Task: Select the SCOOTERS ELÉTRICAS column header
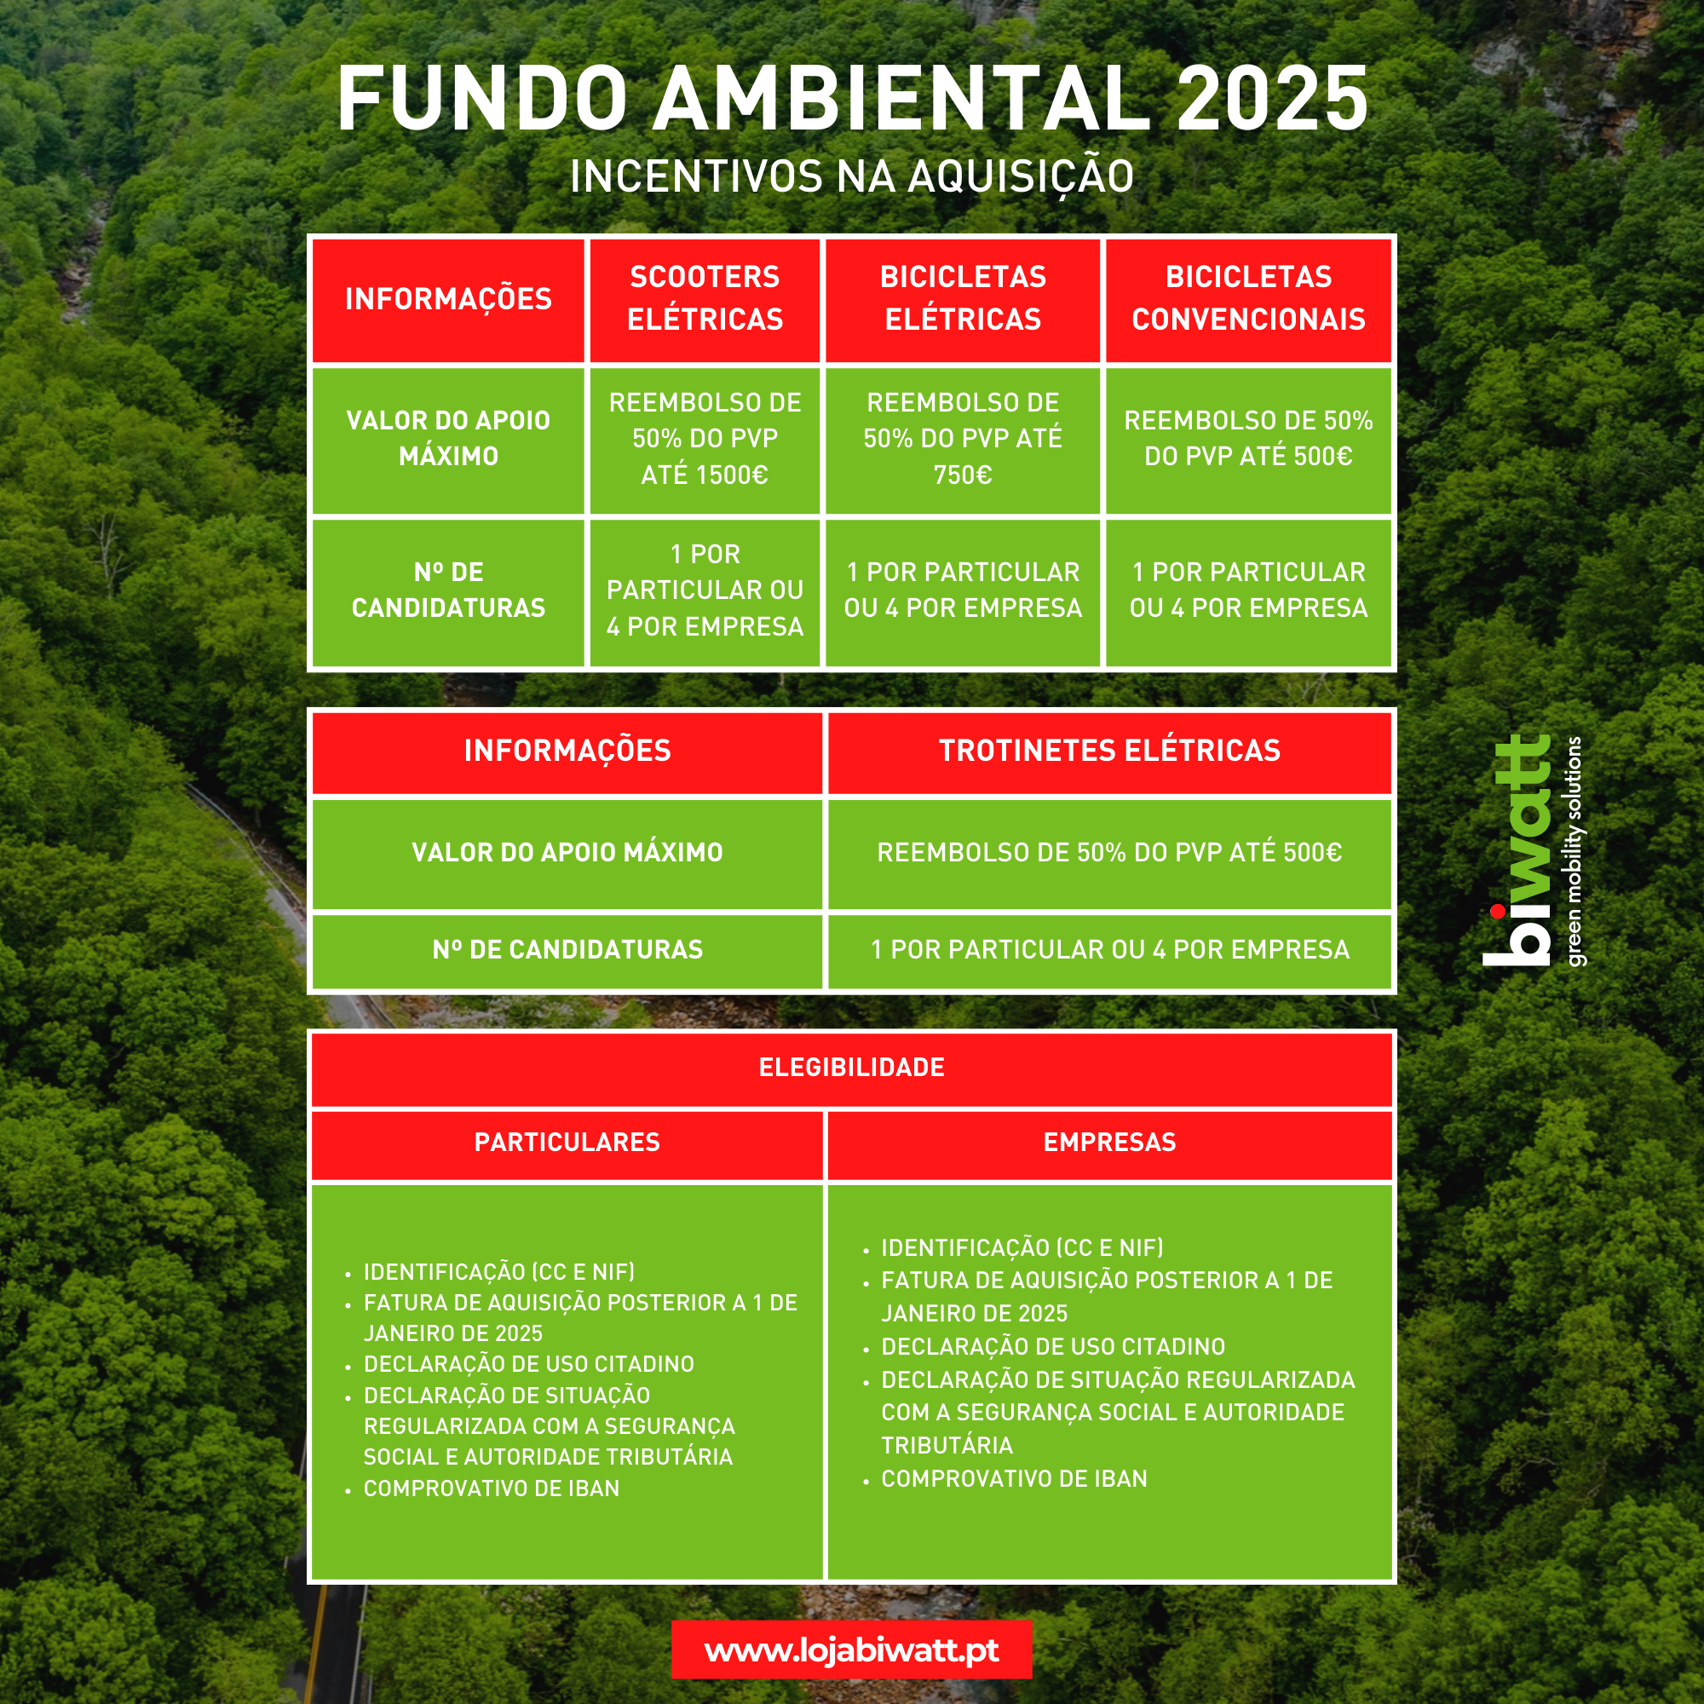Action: (x=705, y=298)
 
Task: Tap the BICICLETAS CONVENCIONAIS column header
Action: (x=1248, y=298)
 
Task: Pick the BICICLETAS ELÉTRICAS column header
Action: (x=963, y=298)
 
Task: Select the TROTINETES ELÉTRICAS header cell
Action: (x=1109, y=751)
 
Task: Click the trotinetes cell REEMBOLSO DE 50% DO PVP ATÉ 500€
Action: (x=1109, y=853)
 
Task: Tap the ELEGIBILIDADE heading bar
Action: (x=852, y=1068)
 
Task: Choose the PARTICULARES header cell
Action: (x=567, y=1143)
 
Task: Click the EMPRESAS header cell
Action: (x=1109, y=1143)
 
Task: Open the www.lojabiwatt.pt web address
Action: (x=852, y=1650)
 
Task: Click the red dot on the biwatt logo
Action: (x=1498, y=911)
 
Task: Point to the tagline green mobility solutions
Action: (x=1575, y=851)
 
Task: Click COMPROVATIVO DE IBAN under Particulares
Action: (x=492, y=1488)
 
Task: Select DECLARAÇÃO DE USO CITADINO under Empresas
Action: (x=1053, y=1347)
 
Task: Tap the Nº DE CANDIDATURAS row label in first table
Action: (x=448, y=590)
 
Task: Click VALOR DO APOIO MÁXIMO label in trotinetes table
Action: (x=567, y=853)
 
